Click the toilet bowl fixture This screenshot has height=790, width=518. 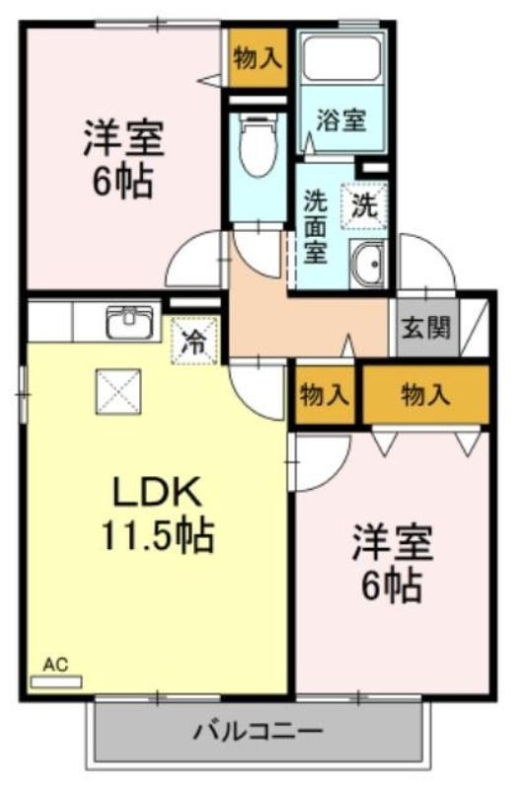click(258, 144)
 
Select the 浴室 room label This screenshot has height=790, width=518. click(341, 119)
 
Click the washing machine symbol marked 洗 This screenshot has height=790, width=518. click(364, 205)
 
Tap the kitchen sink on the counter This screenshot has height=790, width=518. click(129, 323)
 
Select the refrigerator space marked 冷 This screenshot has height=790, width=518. click(194, 342)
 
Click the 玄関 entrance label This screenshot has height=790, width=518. click(425, 329)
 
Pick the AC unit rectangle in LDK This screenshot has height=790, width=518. click(56, 682)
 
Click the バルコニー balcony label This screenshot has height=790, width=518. click(258, 732)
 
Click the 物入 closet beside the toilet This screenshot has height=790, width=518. click(258, 58)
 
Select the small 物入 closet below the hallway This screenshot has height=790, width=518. click(325, 395)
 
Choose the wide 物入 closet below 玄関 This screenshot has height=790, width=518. click(426, 394)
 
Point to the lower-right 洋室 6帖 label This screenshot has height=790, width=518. click(392, 563)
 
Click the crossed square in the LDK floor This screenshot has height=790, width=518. click(118, 391)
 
